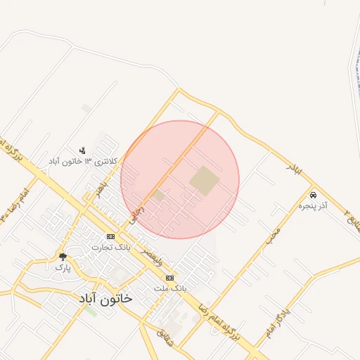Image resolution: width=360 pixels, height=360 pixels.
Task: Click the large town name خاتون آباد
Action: coord(106,297)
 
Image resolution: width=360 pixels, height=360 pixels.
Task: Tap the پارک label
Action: coord(63,268)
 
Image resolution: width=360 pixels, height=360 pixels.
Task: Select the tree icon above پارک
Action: coord(63,257)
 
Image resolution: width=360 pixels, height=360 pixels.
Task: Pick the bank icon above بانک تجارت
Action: coord(110,236)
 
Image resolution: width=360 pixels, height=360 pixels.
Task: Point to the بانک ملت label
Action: coord(171,288)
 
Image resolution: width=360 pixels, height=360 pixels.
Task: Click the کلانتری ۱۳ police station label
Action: coord(82,162)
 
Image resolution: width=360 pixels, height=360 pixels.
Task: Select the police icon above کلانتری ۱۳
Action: coord(82,150)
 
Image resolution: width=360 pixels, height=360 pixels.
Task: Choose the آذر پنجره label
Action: coord(314,206)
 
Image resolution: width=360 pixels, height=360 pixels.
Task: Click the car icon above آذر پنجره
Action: coord(313,195)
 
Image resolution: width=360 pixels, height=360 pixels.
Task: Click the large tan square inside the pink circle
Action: coord(204,181)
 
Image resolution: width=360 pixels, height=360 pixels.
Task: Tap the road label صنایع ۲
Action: coord(352,210)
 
